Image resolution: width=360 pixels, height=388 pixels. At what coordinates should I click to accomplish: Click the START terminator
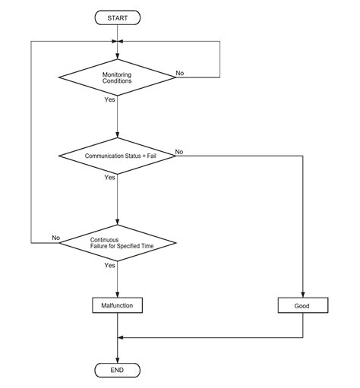118,16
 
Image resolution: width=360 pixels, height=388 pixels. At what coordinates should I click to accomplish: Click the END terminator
118,370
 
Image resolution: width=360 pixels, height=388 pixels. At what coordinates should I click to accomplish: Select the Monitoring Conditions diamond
118,77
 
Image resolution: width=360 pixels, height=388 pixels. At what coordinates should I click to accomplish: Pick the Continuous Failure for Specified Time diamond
118,242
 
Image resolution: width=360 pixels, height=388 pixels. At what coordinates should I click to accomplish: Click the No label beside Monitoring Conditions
180,73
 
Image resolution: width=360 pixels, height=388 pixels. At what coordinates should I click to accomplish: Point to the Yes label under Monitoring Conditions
110,99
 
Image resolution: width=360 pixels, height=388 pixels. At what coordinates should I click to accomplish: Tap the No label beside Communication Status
180,153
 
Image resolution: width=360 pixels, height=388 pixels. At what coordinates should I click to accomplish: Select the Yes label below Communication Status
110,177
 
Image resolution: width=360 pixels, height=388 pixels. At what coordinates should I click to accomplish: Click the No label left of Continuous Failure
55,238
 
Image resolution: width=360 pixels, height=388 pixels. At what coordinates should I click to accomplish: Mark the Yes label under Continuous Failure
110,265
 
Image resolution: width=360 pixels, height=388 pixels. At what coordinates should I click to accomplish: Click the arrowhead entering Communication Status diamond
118,137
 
